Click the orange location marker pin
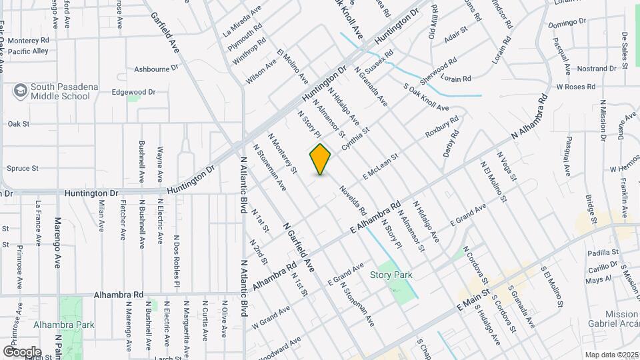click(321, 159)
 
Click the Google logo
click(22, 351)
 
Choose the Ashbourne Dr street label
click(157, 68)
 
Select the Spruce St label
click(23, 169)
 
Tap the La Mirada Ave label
click(243, 21)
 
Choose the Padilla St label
click(603, 253)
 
